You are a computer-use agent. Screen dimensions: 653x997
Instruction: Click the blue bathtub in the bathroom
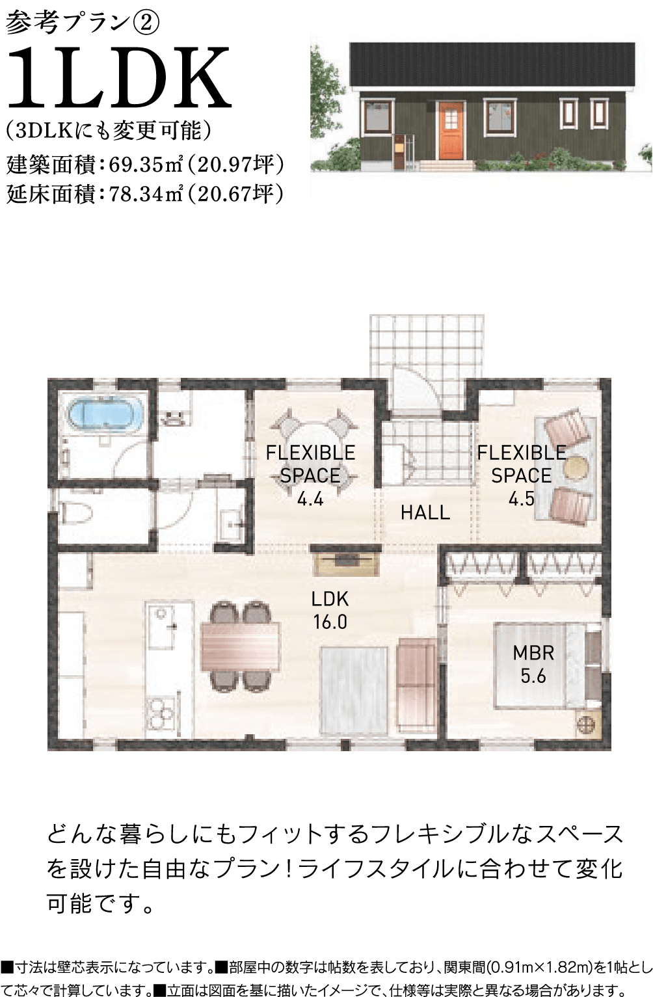tap(106, 417)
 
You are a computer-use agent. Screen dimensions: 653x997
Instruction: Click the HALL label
tap(425, 512)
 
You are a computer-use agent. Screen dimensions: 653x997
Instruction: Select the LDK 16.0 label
tap(330, 610)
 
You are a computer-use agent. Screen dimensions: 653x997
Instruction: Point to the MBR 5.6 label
tap(533, 665)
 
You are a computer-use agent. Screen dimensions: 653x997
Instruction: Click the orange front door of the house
tap(451, 130)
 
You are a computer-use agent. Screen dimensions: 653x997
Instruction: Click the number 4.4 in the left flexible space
tap(310, 499)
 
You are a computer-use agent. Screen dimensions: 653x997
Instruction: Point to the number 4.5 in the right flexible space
tap(521, 499)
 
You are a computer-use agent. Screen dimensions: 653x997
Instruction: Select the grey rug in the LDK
tap(354, 690)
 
